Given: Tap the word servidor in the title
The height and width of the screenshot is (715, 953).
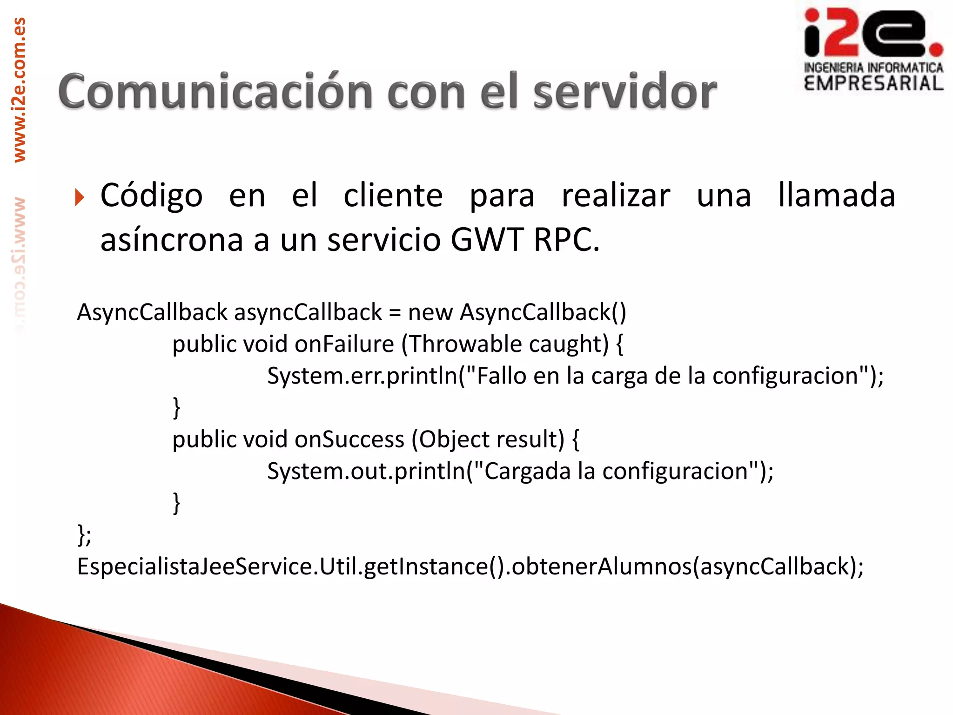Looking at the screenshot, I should coord(624,92).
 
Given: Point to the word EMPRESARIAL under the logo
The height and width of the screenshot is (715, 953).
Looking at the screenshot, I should coord(873,84).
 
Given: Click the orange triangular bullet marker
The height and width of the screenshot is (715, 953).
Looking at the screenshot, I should coord(80,197).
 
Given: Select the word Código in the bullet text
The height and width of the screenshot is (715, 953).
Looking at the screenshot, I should coord(151,196).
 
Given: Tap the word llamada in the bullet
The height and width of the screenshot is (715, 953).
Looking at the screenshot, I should coord(836,195).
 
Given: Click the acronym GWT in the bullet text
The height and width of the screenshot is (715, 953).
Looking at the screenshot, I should coord(487,240).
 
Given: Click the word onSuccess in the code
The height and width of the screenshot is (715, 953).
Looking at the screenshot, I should coord(349,440).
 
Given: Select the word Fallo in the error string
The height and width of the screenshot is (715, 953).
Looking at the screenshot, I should coord(501,376).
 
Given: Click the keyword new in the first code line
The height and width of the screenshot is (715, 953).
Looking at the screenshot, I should coord(430,313).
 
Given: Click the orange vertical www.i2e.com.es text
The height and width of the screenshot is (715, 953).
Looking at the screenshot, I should coord(20,90).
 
